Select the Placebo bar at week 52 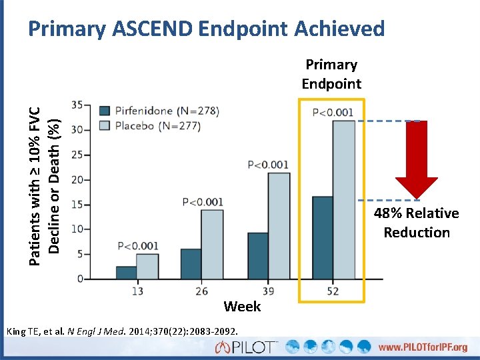344,199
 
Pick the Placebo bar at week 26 213,244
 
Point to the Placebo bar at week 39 279,225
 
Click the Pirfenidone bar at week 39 257,255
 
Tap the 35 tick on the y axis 77,105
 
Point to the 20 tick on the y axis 77,179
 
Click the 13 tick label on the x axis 137,291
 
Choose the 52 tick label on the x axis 333,291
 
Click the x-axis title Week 242,307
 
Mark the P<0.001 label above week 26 203,201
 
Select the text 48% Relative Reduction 417,223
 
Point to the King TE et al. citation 124,331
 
